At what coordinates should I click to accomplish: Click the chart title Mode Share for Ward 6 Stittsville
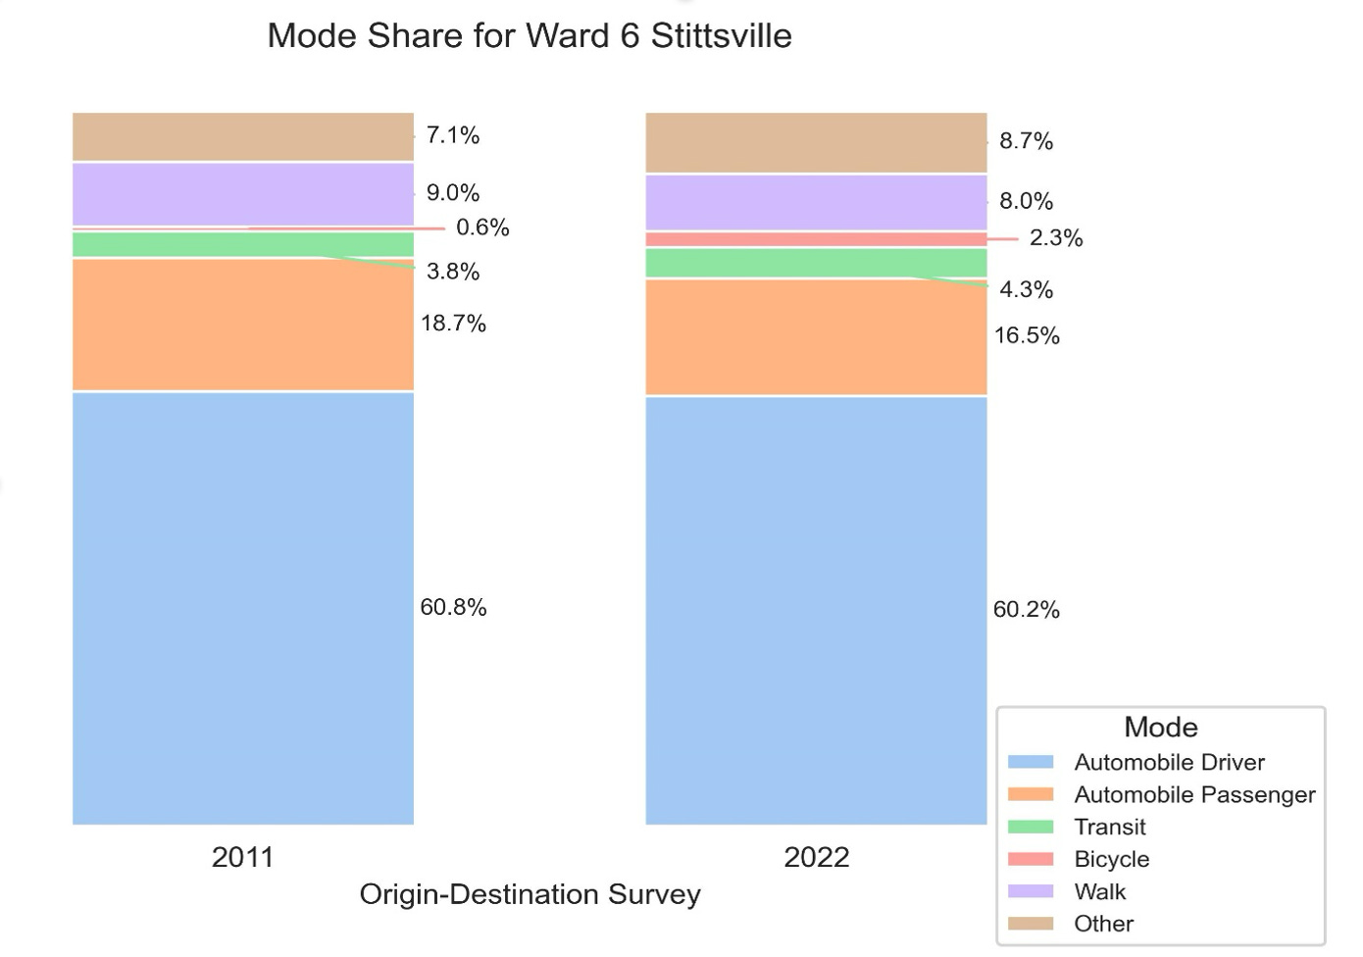point(530,36)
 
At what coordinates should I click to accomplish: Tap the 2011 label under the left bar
point(242,857)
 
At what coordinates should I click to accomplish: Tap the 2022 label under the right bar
point(816,857)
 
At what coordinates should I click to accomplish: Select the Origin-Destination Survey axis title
point(530,894)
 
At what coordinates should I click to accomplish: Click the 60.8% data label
point(453,607)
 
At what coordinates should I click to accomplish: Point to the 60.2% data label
point(1026,609)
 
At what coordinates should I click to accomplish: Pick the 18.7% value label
point(453,324)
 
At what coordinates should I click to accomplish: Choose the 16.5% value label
point(1027,335)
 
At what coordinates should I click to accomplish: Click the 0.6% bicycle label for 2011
point(482,227)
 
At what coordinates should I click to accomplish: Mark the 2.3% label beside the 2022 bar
point(1055,238)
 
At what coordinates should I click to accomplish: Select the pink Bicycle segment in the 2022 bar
point(816,239)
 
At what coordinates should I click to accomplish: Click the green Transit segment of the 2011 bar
point(242,244)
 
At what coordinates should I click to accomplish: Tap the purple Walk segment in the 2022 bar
point(816,203)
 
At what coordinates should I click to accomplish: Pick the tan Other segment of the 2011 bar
point(242,136)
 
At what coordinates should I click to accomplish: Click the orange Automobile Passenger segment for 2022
point(816,337)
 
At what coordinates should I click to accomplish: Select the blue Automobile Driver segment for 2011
point(242,608)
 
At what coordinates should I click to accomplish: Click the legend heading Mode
point(1160,727)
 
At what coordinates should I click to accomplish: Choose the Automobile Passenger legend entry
point(1193,794)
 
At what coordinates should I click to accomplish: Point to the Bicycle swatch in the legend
point(1031,859)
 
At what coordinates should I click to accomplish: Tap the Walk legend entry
point(1099,891)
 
